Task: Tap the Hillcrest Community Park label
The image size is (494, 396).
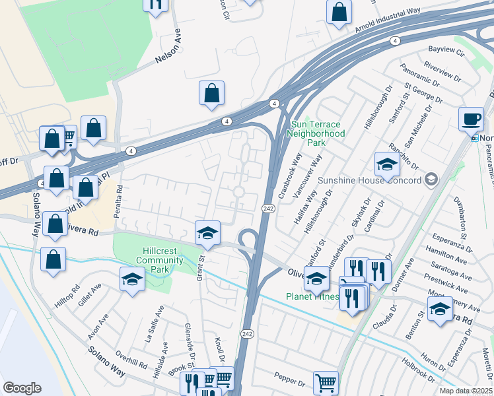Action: pos(155,255)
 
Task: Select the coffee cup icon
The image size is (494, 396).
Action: pos(471,119)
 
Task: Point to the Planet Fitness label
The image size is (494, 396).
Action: pos(311,296)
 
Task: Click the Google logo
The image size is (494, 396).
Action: pos(22,387)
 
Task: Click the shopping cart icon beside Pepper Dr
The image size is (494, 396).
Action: pos(326,382)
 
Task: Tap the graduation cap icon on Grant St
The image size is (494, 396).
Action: pos(207,232)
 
